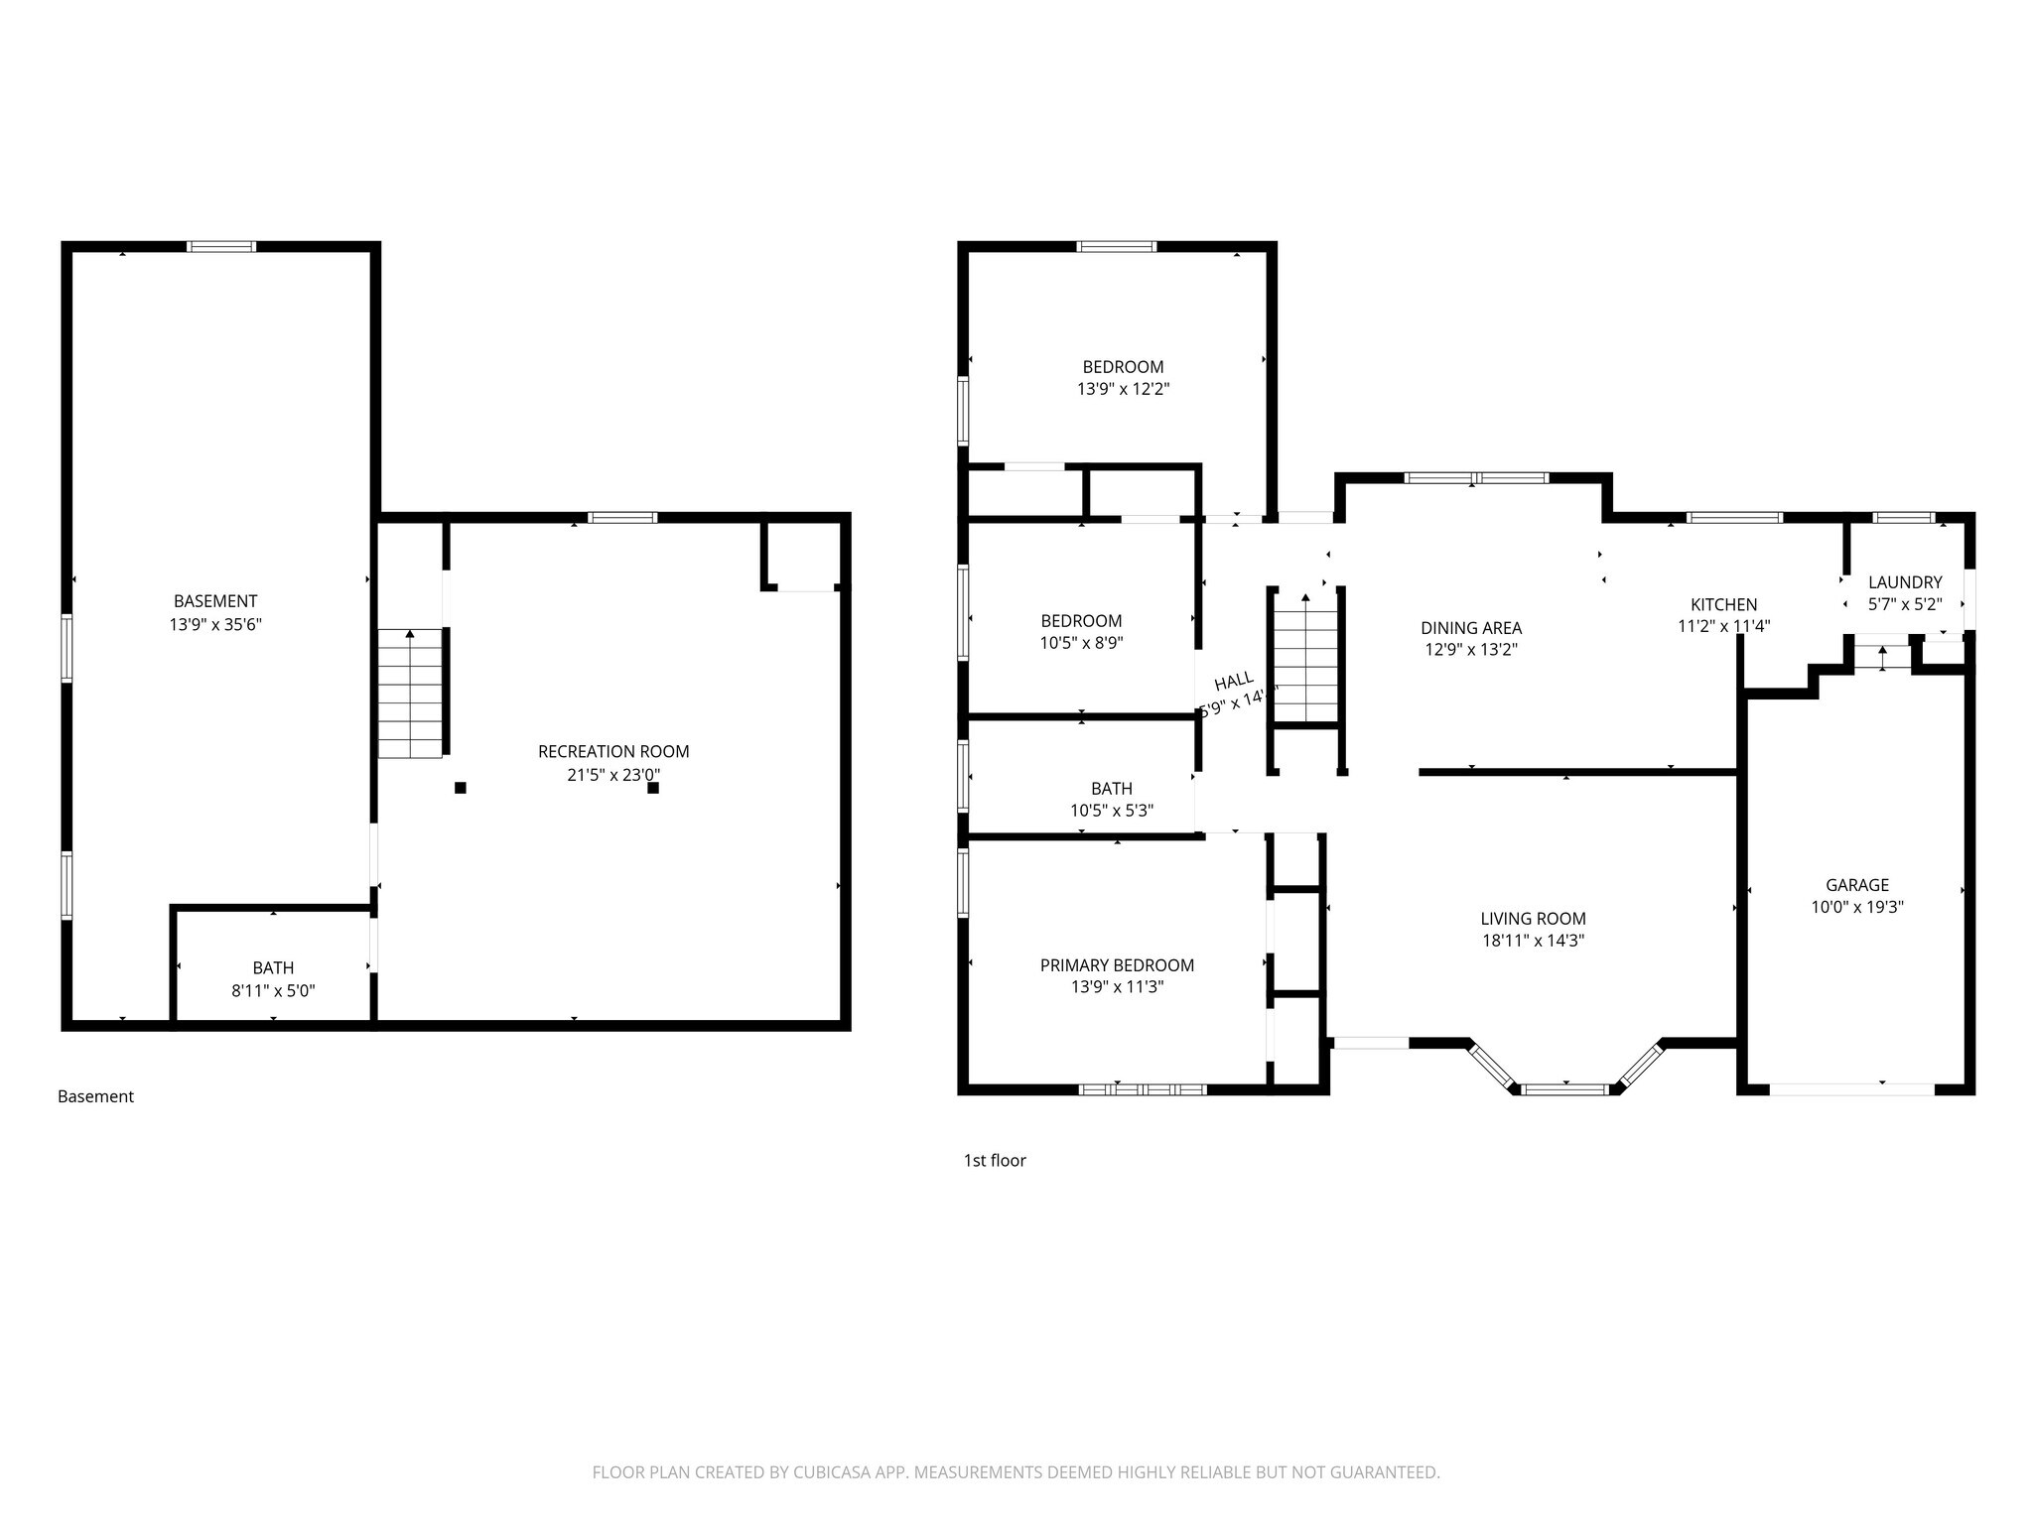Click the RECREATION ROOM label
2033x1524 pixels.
(x=613, y=751)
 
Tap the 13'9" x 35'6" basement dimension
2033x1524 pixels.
(x=215, y=624)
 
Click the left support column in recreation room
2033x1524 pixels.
(x=461, y=788)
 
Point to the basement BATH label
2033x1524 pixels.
(x=273, y=967)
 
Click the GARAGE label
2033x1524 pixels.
(x=1856, y=884)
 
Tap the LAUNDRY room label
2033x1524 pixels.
(x=1904, y=582)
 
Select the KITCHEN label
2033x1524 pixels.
(x=1723, y=604)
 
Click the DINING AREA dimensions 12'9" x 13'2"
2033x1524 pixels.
(x=1471, y=650)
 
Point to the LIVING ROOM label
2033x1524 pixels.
(x=1533, y=919)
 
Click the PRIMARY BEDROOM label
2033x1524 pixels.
(x=1117, y=964)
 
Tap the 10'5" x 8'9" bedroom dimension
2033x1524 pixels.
(x=1081, y=643)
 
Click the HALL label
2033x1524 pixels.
(x=1234, y=682)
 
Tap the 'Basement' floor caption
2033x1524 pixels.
(x=95, y=1096)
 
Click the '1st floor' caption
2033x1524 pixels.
(x=994, y=1160)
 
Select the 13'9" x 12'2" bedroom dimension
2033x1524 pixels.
(x=1123, y=389)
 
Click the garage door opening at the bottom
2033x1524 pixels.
(x=1851, y=1089)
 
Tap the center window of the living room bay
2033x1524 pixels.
(x=1565, y=1089)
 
